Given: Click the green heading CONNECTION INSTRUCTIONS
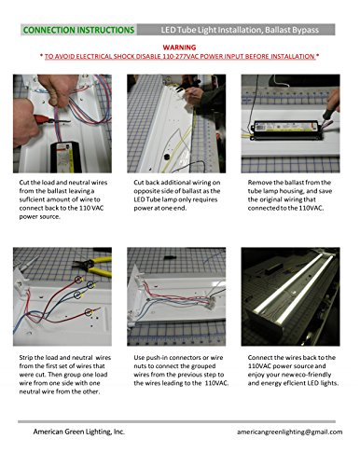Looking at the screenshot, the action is (78, 30).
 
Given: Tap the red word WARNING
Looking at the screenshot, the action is (179, 48).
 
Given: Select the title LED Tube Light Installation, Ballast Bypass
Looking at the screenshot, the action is (240, 30).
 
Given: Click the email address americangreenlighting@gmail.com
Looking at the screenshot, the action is (289, 432).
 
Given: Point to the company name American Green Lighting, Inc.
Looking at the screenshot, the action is (79, 432).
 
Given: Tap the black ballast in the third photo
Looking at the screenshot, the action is (286, 130).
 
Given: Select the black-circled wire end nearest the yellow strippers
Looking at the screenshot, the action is (79, 280).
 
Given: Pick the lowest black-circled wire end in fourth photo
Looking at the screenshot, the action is (89, 311).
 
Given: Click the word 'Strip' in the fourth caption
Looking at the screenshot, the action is (26, 358).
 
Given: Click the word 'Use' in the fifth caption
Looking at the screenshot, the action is (139, 358).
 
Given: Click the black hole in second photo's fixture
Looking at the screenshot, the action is (167, 158).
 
